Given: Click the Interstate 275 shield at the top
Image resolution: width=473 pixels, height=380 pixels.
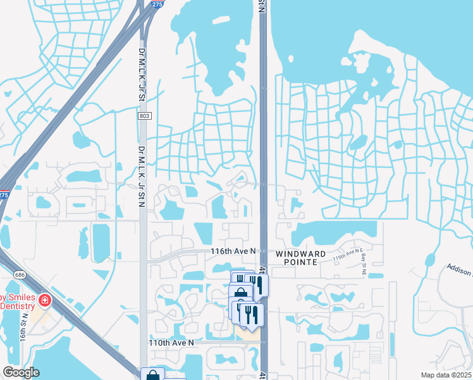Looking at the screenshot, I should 157,4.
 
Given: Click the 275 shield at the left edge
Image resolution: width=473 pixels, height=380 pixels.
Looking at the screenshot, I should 4,195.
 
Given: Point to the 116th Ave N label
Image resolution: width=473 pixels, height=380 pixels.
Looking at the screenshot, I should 233,251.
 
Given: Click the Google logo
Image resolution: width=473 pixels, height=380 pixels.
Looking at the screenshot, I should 21,372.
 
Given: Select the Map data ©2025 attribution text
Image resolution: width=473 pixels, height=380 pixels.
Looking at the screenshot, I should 445,375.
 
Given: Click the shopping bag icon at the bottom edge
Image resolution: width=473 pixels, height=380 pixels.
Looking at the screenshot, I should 153,375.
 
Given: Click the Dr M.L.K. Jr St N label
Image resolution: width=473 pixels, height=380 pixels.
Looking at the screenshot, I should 142,180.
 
